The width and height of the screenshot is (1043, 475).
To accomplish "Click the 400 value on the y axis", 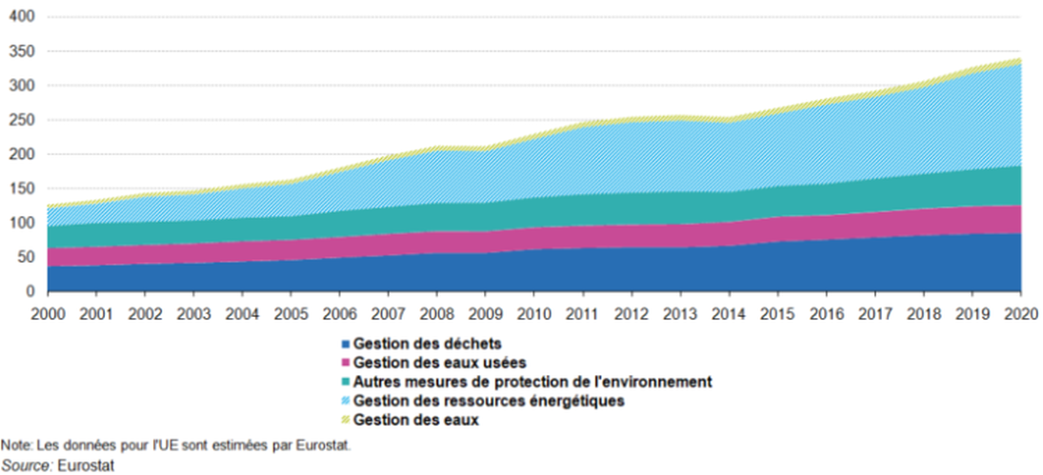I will coord(23,17).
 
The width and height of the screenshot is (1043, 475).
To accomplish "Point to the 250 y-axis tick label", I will coord(23,120).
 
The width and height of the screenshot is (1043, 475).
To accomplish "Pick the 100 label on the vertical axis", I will coord(23,223).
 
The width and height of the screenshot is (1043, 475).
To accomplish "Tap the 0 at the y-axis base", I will coord(30,291).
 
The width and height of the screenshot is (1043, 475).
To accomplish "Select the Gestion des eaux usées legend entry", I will coord(439,362).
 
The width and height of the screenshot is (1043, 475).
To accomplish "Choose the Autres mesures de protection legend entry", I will coord(532,381).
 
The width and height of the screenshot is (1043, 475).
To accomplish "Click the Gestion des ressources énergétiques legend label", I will coord(489,401).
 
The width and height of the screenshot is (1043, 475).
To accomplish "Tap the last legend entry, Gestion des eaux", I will coord(416,420).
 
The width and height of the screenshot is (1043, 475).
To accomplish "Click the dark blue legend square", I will coord(345,343).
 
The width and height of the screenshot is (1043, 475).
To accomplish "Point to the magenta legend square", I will coord(345,362).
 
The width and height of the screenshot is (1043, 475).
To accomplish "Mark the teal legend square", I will coord(345,382).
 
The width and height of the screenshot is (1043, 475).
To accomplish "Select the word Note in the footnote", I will coord(13,445).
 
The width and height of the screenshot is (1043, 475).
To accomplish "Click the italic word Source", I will coord(27,465).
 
